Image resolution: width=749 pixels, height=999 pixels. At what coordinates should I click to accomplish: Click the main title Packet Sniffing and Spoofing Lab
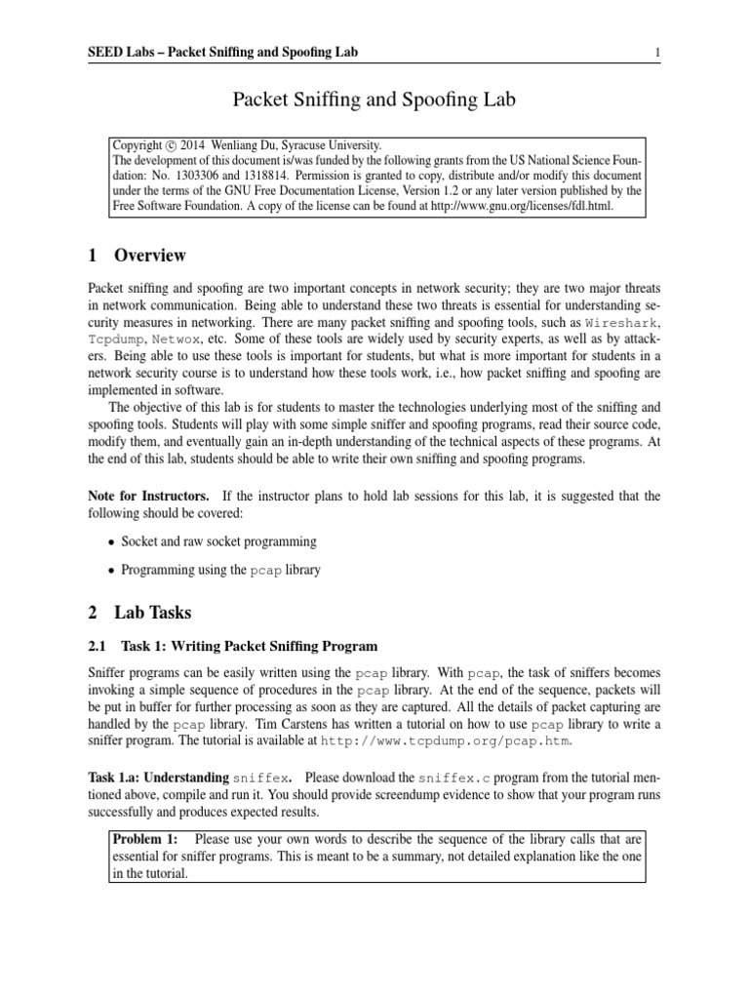374,99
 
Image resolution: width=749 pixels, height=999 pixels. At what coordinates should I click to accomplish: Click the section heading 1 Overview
137,257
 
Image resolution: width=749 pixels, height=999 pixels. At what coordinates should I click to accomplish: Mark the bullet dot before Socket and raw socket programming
112,541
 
